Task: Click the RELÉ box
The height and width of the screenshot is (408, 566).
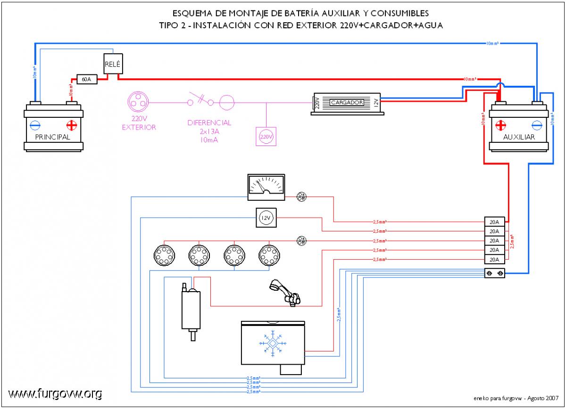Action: (112, 64)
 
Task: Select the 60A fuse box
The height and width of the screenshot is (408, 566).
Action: (86, 80)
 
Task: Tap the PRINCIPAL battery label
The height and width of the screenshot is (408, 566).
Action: (52, 137)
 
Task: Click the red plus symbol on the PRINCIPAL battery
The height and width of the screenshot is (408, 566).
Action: (71, 125)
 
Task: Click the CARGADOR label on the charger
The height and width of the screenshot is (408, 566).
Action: (346, 102)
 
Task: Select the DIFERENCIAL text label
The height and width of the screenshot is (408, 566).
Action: (209, 122)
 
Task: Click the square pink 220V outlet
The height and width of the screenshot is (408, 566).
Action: (266, 137)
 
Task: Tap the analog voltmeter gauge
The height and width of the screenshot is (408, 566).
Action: (266, 187)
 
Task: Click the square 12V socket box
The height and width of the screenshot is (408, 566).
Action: (266, 218)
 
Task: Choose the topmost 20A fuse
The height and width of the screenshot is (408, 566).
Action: (494, 221)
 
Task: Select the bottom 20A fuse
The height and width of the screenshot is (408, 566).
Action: (494, 259)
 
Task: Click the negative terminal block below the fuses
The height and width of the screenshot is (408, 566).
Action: (495, 273)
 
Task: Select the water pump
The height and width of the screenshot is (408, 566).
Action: (191, 309)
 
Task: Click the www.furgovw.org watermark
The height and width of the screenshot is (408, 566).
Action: (55, 393)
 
